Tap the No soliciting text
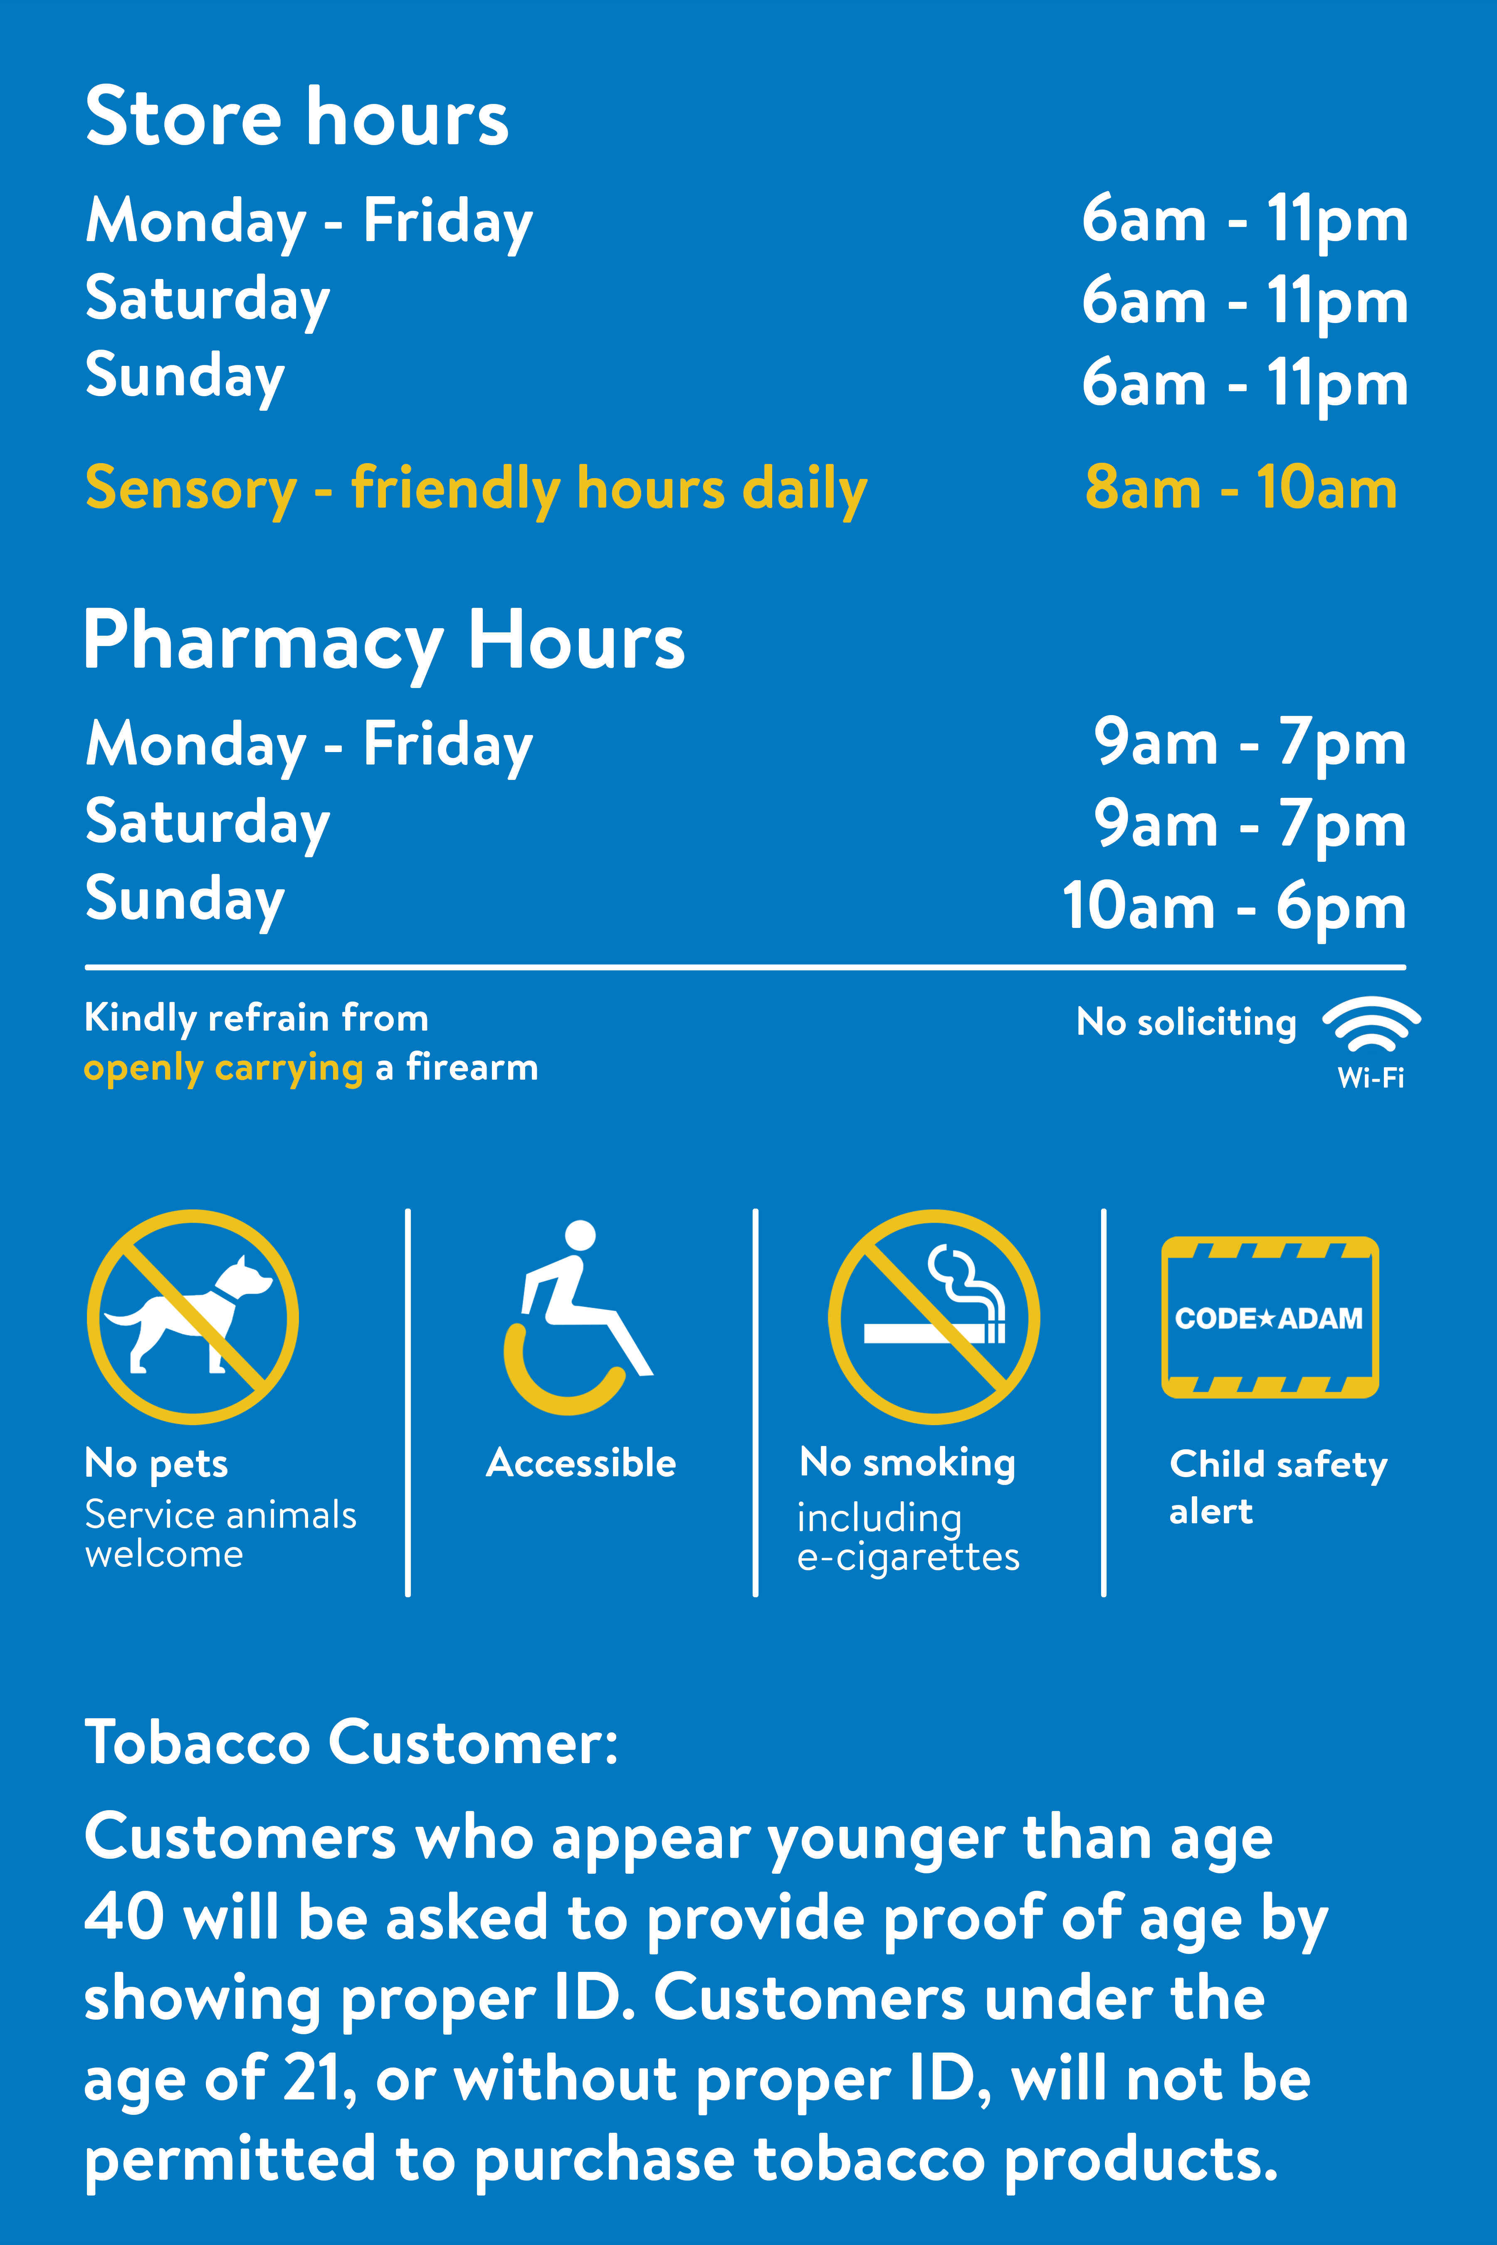coord(1187,1022)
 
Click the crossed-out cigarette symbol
coord(934,1317)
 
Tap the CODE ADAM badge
coord(1270,1317)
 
